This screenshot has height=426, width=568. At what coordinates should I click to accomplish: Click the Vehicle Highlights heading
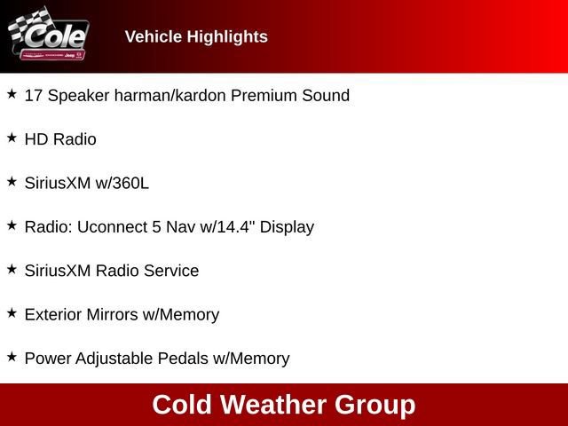[x=196, y=36]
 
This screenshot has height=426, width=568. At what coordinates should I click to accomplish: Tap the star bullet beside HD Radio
[x=12, y=138]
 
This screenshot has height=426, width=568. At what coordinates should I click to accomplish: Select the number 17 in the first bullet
[x=34, y=95]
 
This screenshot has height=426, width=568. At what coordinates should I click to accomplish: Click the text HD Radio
[x=60, y=139]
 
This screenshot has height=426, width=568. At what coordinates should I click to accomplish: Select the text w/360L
[x=123, y=183]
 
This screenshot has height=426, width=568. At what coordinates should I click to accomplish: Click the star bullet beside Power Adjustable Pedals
[x=12, y=356]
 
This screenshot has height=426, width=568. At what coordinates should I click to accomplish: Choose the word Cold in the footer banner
[x=183, y=405]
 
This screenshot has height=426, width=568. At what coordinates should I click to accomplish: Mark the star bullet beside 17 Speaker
[x=12, y=93]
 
